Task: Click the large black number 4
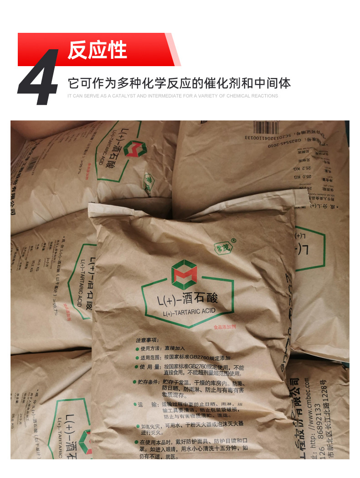click(x=40, y=78)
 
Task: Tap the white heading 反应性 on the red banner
click(x=97, y=50)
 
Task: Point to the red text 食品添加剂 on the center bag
click(x=226, y=327)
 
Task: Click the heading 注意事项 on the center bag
click(x=147, y=340)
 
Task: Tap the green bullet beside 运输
click(x=136, y=404)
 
